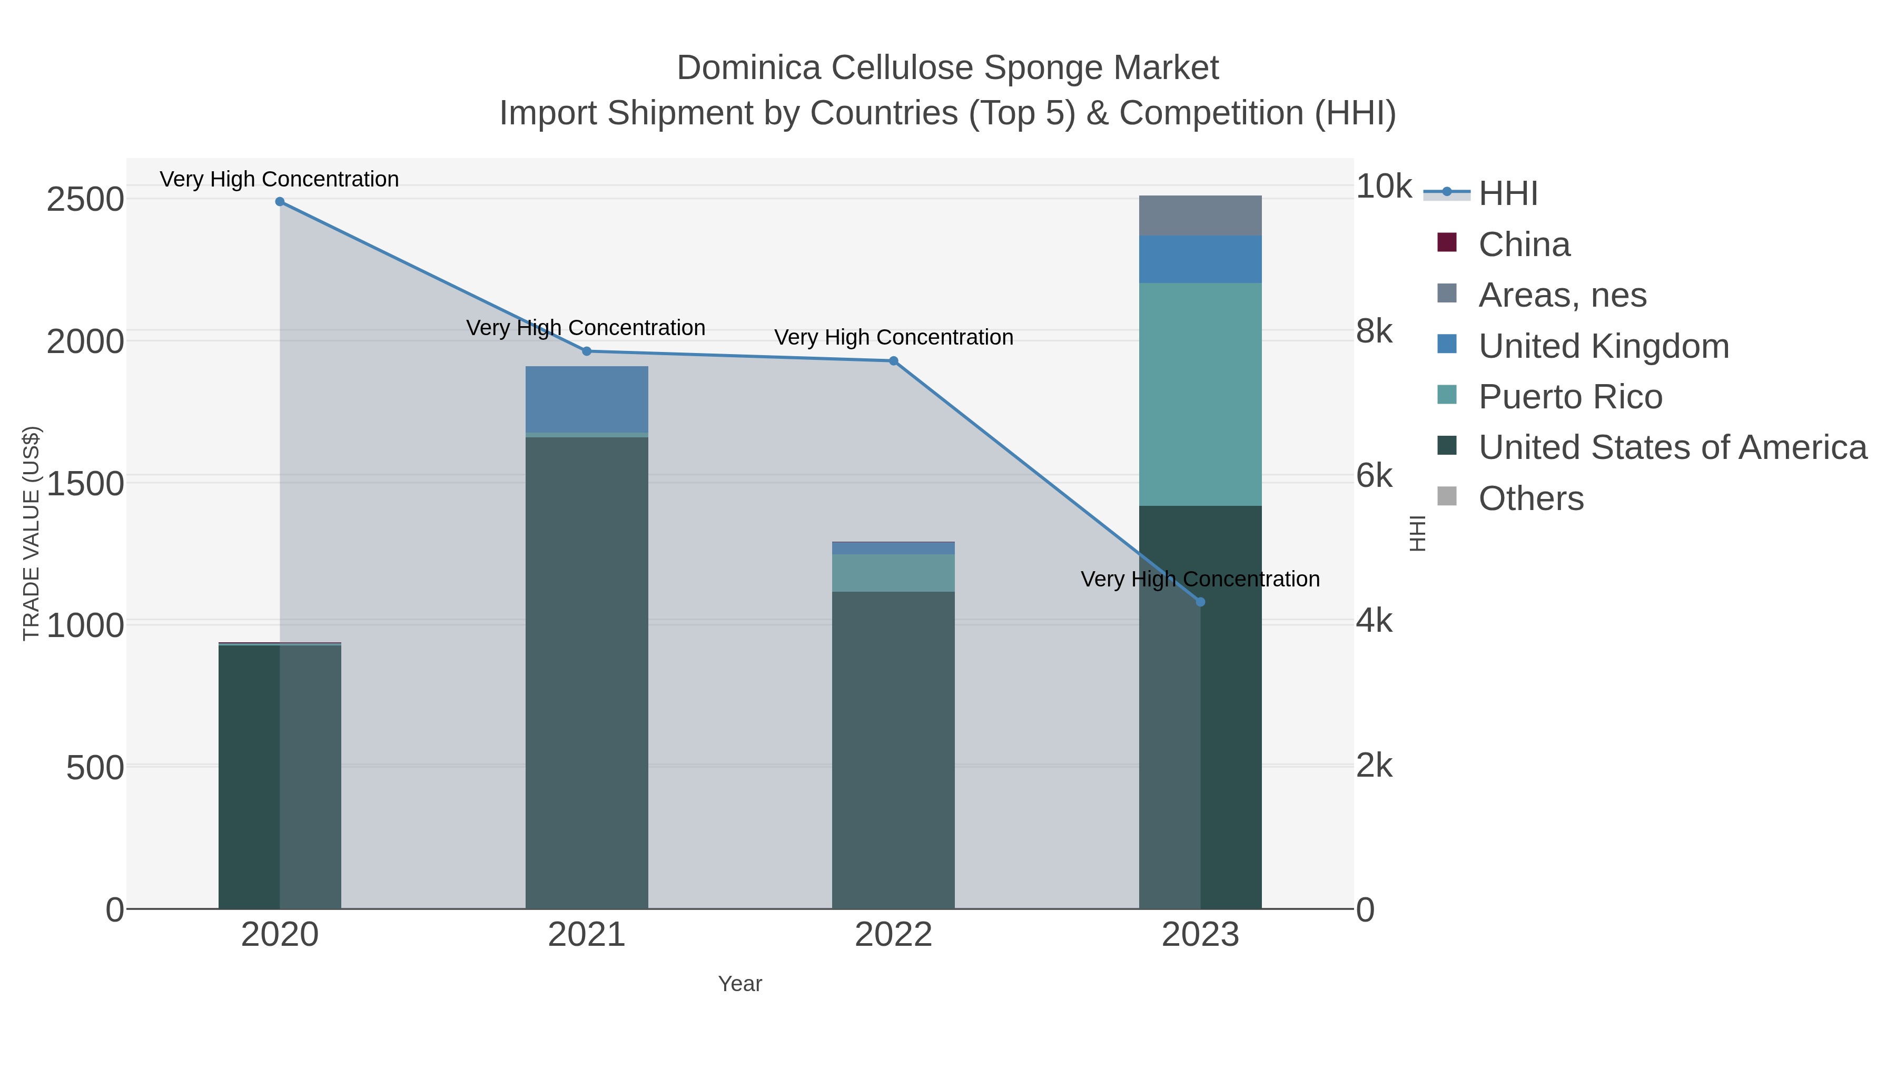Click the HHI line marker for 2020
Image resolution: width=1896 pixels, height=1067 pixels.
pyautogui.click(x=280, y=202)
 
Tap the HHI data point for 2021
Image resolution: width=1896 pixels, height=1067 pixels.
pyautogui.click(x=587, y=351)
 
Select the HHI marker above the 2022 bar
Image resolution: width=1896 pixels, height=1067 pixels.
pyautogui.click(x=894, y=361)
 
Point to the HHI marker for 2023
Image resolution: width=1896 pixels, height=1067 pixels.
pyautogui.click(x=1200, y=602)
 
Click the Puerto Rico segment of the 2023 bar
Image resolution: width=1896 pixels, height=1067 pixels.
pyautogui.click(x=1200, y=394)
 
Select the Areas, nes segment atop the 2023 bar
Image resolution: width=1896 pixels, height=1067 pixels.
pyautogui.click(x=1200, y=216)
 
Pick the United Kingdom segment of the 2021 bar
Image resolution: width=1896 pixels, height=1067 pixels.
pyautogui.click(x=587, y=399)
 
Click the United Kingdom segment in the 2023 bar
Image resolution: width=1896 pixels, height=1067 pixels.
pyautogui.click(x=1200, y=259)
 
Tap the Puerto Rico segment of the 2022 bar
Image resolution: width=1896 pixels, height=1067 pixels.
pyautogui.click(x=894, y=573)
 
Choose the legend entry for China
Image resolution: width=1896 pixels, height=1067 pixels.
pyautogui.click(x=1524, y=244)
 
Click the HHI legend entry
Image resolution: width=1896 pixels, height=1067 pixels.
pyautogui.click(x=1507, y=194)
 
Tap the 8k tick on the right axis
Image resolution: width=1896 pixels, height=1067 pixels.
pyautogui.click(x=1374, y=332)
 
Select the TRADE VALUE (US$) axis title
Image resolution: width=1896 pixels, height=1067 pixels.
pyautogui.click(x=32, y=533)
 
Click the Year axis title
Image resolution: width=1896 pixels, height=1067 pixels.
pyautogui.click(x=740, y=984)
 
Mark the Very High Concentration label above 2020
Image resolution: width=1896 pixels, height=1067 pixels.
pyautogui.click(x=280, y=180)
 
